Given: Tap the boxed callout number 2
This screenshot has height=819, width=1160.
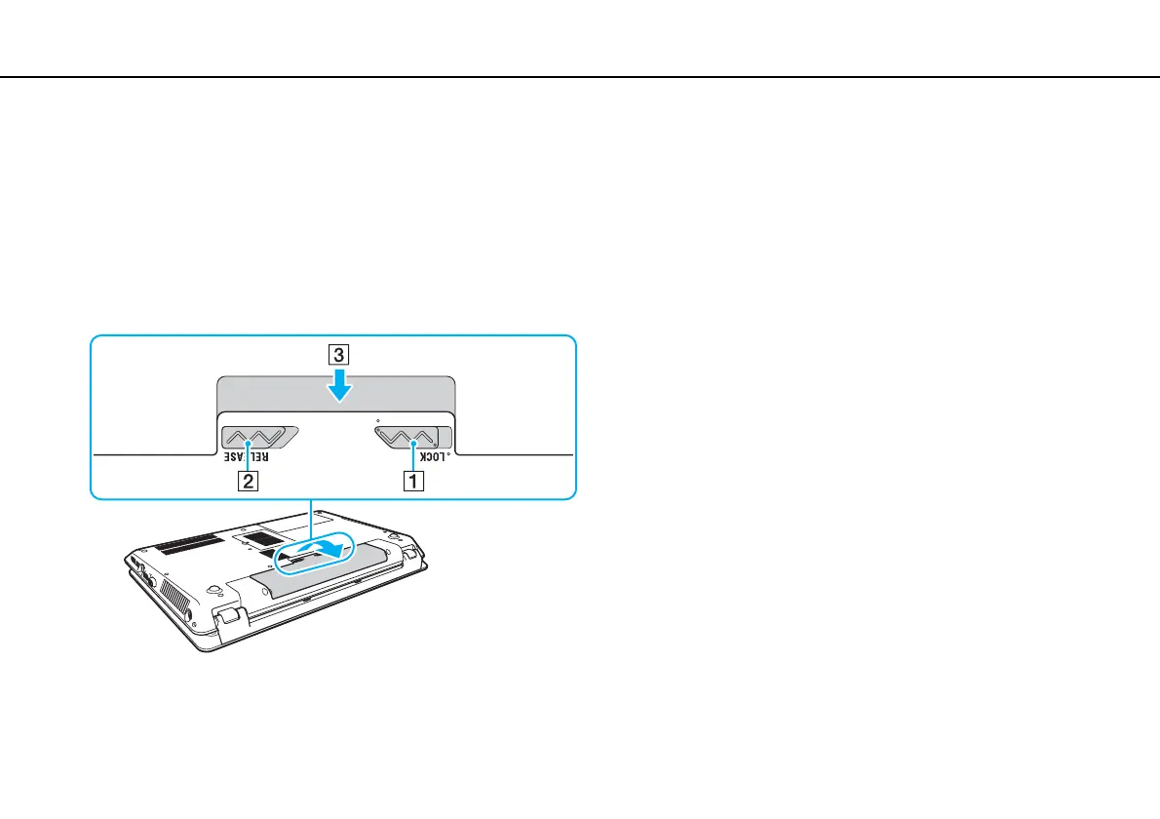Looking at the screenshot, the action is point(251,480).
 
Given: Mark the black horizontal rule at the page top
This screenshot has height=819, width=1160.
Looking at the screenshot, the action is point(580,77).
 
